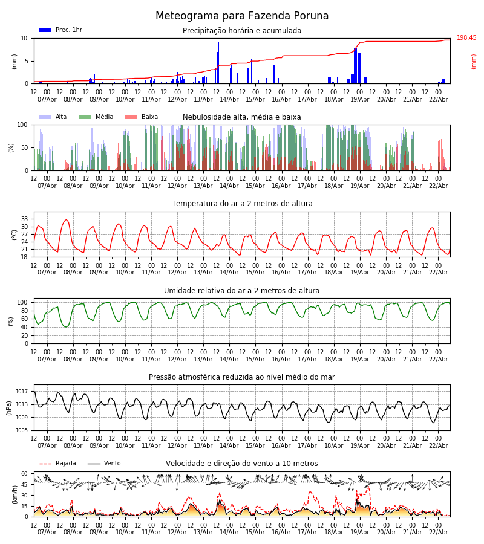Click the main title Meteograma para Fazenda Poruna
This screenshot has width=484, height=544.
pyautogui.click(x=242, y=16)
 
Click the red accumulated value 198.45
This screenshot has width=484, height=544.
pyautogui.click(x=466, y=38)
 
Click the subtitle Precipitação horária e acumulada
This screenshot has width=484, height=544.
pyautogui.click(x=242, y=31)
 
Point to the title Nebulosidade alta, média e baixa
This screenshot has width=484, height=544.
pyautogui.click(x=242, y=117)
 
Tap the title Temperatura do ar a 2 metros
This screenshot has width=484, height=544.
pyautogui.click(x=242, y=204)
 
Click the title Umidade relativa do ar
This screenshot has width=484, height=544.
pyautogui.click(x=242, y=291)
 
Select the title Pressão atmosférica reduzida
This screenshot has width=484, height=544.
pyautogui.click(x=242, y=377)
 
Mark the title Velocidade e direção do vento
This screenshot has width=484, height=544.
pyautogui.click(x=242, y=464)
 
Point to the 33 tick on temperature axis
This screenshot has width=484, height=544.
pyautogui.click(x=25, y=219)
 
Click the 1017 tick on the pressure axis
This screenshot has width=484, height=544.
pyautogui.click(x=22, y=392)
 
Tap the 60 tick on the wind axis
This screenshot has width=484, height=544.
pyautogui.click(x=25, y=474)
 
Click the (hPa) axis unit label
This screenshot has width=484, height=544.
pyautogui.click(x=10, y=407)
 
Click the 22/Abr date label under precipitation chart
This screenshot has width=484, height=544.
pyautogui.click(x=438, y=100)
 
